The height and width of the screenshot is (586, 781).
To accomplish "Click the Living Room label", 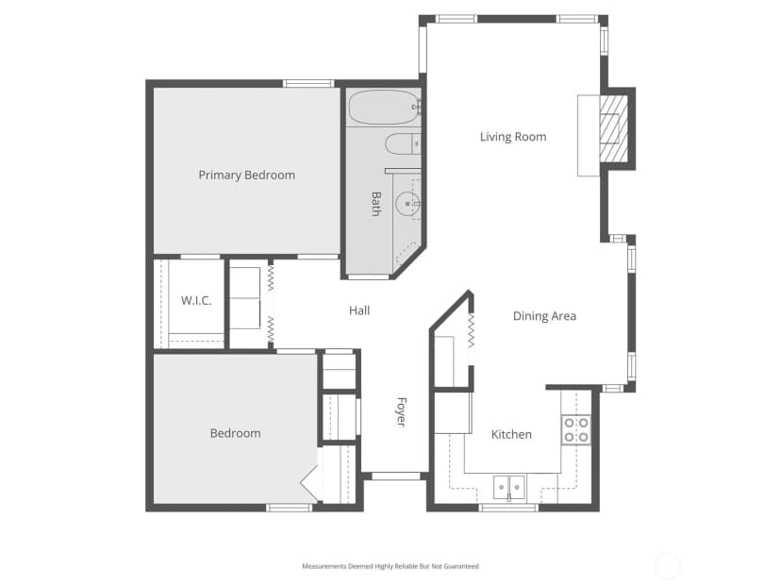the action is point(513,137).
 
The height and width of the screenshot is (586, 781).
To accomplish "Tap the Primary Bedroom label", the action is point(246,176).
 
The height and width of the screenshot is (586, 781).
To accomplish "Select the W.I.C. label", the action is point(196,300).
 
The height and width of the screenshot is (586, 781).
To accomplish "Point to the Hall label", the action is point(359,311).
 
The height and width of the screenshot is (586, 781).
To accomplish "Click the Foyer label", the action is point(402,412).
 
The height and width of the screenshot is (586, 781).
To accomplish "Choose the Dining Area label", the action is point(544,316).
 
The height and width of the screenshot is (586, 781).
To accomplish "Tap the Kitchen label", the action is point(511,434).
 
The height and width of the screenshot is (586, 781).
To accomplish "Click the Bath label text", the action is point(376,204).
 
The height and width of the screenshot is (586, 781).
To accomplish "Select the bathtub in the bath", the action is point(383,108).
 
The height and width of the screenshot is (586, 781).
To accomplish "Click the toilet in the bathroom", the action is point(403,144).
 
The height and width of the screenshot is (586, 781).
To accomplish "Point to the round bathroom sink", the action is point(407,204).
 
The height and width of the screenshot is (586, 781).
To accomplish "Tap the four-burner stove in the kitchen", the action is point(576,430).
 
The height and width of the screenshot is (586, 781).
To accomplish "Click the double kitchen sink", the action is point(509,488).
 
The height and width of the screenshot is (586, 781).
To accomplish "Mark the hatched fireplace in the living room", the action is point(613,128).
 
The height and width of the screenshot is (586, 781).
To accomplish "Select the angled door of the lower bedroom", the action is point(309,482).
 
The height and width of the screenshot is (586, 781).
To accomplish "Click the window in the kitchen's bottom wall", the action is point(508,508).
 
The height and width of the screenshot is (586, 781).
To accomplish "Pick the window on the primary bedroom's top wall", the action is point(308,83).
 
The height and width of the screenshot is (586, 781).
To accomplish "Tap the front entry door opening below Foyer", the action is point(396,477).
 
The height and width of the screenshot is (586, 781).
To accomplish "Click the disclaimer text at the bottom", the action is point(390,566).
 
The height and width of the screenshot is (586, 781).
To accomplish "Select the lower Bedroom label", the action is point(235,433).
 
